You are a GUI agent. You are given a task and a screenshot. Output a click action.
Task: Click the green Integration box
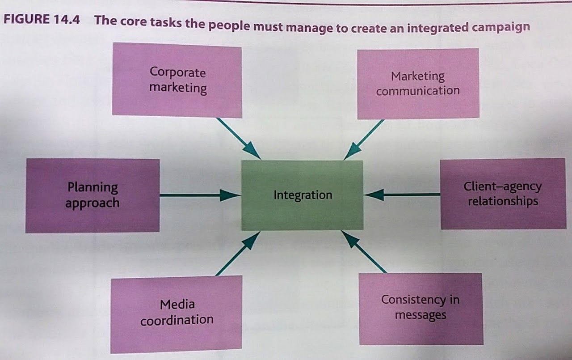point(302,195)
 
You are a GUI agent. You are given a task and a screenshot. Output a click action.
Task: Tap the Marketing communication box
point(418,84)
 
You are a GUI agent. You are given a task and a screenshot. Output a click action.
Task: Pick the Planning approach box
point(93,195)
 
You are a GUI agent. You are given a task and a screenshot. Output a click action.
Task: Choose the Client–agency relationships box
point(503,194)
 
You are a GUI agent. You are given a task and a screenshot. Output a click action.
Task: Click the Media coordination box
point(176,313)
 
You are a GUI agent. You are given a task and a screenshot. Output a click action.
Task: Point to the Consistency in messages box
point(421,309)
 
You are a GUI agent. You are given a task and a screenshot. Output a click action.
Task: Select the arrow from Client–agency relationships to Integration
point(402,195)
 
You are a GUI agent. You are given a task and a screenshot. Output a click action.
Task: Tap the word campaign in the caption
point(500,27)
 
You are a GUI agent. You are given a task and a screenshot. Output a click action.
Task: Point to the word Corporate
point(177,72)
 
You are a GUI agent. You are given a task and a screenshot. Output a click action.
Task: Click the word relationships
point(503,201)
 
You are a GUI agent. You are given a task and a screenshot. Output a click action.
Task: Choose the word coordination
point(177,320)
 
